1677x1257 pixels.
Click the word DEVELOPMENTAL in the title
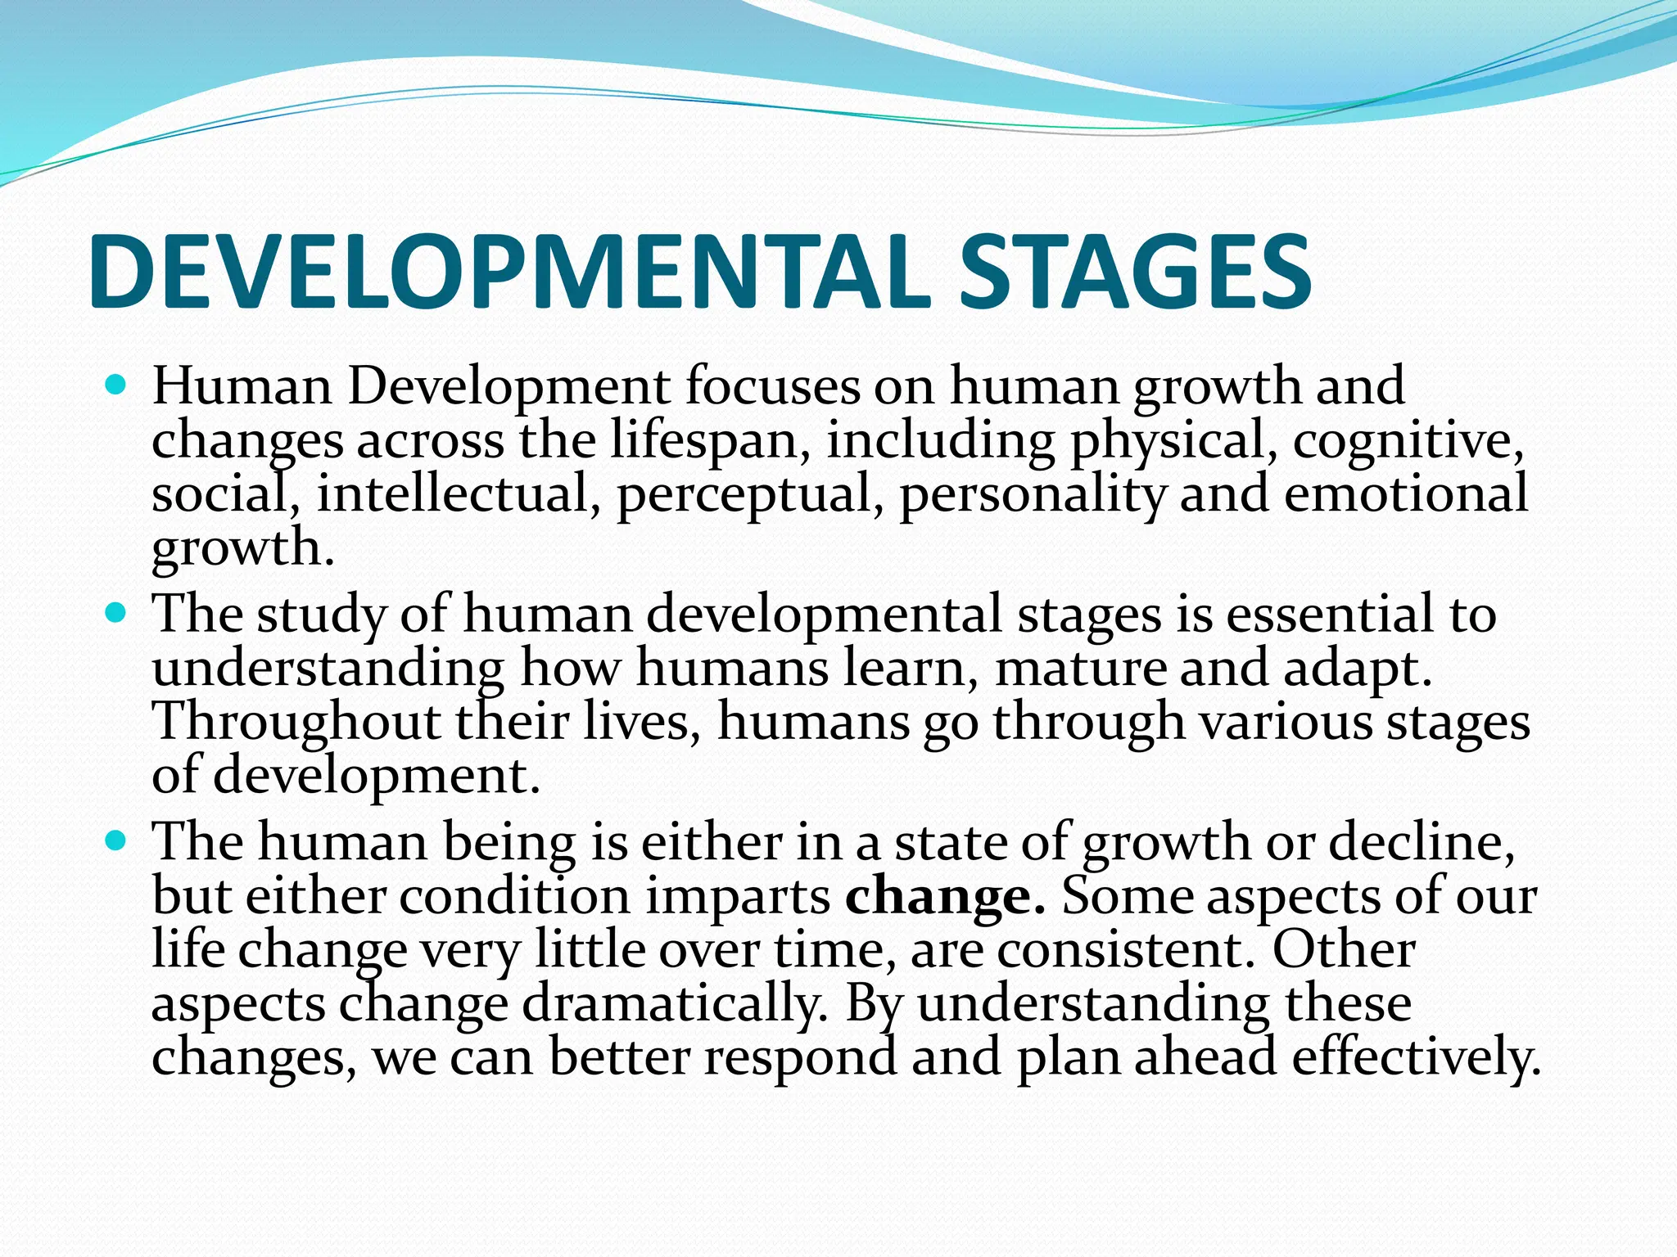(x=508, y=273)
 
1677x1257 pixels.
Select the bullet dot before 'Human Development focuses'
(x=117, y=383)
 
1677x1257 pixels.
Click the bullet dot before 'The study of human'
(x=117, y=610)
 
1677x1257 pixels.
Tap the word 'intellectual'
(x=453, y=494)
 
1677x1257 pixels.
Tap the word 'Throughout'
(x=296, y=722)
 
